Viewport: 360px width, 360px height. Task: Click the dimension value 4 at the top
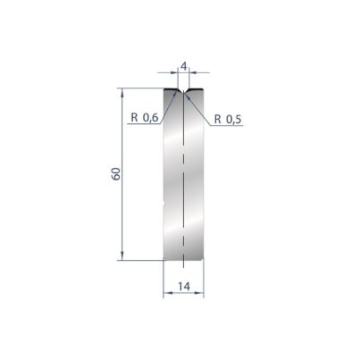coord(184,66)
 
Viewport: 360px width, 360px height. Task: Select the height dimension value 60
coord(116,174)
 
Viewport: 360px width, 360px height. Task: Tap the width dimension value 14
coord(184,287)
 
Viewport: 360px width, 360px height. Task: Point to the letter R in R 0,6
coord(135,118)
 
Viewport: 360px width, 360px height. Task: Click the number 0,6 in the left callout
coord(150,118)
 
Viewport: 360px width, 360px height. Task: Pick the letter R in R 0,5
coord(218,120)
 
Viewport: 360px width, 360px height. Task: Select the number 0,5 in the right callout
coord(234,120)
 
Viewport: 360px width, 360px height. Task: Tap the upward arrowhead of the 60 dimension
coord(122,93)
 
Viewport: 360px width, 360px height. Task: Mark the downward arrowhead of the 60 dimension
coord(122,255)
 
